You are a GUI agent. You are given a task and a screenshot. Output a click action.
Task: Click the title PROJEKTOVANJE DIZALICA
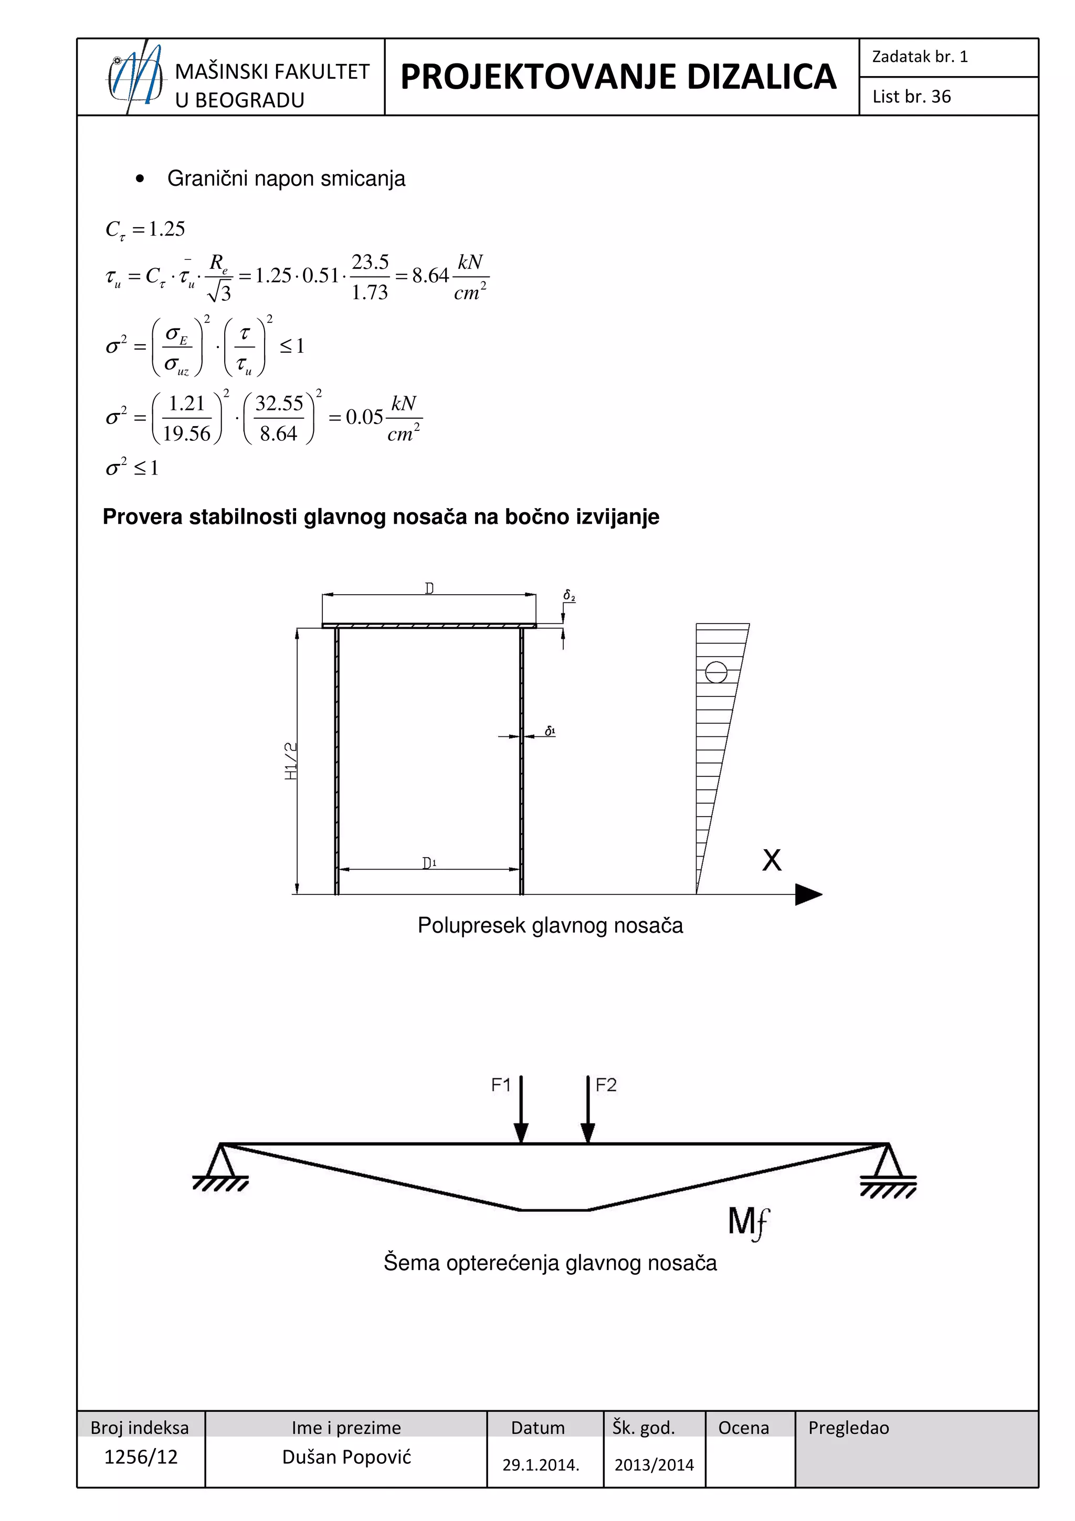coord(618,77)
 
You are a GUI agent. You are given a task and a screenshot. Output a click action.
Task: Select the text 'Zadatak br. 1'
coord(919,57)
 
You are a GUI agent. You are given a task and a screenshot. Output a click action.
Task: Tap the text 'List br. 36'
coord(911,97)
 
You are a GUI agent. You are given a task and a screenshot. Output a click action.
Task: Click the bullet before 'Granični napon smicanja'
coord(139,179)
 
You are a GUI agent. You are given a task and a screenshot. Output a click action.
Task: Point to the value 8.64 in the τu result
coord(430,276)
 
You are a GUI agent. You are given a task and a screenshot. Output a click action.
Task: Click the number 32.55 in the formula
coord(279,403)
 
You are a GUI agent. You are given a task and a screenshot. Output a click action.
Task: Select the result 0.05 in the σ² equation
coord(364,417)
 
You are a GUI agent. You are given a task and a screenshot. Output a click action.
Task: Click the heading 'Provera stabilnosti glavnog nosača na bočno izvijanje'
coord(381,517)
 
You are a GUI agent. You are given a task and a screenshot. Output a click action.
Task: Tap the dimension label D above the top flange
coord(429,588)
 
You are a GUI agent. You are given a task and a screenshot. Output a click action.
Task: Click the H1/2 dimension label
coord(291,761)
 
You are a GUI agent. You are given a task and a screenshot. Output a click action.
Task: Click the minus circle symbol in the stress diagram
coord(716,672)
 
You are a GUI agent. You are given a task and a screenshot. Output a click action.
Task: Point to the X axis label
coord(772,860)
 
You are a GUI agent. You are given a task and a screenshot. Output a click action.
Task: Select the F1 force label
coord(501,1085)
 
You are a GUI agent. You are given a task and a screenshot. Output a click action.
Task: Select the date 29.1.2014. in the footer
coord(541,1465)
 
